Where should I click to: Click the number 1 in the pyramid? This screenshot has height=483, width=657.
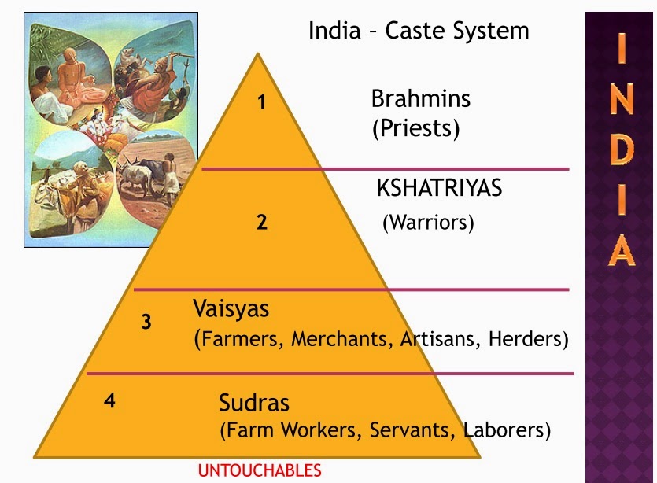[x=262, y=102]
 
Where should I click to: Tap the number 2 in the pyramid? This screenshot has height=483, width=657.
[x=262, y=222]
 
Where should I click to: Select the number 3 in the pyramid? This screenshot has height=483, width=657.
[x=146, y=322]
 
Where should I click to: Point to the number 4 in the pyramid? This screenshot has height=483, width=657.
[x=109, y=400]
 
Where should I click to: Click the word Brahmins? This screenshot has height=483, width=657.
[x=421, y=99]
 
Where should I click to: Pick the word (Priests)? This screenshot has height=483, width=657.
[x=415, y=128]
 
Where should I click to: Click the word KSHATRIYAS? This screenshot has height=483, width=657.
[x=439, y=188]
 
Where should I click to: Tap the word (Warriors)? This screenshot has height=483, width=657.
[x=428, y=223]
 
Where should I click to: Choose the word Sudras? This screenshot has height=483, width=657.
[x=254, y=403]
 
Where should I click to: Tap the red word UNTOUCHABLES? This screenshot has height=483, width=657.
[x=260, y=471]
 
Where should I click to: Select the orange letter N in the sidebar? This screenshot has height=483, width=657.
[x=622, y=98]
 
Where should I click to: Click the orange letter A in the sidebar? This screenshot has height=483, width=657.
[x=622, y=250]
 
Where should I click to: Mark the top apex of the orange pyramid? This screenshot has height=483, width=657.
[x=258, y=53]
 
